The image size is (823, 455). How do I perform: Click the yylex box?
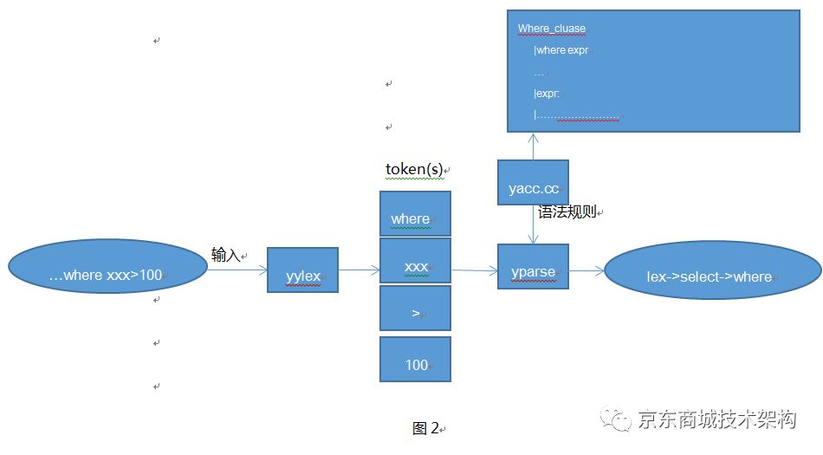(x=302, y=270)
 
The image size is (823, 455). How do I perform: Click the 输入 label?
(x=225, y=255)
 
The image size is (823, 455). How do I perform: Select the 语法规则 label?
(x=567, y=212)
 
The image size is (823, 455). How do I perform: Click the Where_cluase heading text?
(x=551, y=29)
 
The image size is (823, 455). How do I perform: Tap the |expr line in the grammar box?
(x=547, y=94)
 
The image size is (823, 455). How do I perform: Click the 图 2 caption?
(x=425, y=428)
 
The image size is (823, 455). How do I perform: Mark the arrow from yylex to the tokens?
(x=359, y=270)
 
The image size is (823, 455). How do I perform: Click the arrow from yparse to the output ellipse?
(x=586, y=271)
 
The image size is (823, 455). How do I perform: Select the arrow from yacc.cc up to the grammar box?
(x=533, y=146)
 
